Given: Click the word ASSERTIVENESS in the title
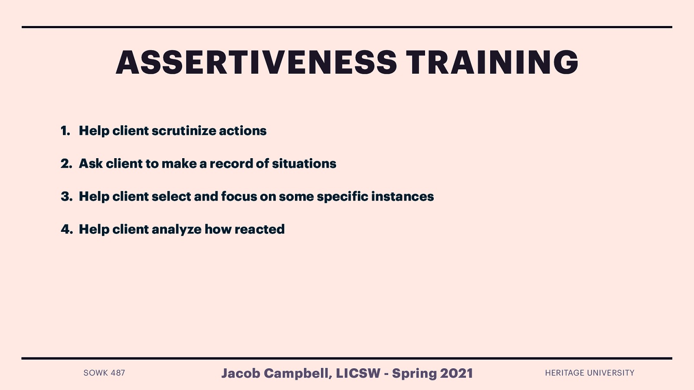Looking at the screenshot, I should point(256,62).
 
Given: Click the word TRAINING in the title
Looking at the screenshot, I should point(492,62).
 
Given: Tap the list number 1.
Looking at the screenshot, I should point(65,131).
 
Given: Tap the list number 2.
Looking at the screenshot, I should point(66,164).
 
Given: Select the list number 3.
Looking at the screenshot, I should point(66,197).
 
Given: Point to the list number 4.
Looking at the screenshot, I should point(66,230).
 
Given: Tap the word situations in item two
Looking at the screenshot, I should point(304,164).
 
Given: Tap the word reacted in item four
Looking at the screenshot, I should point(259,230).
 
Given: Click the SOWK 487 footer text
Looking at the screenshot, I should point(104,373).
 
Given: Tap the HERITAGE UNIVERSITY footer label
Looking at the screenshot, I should point(589,373).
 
